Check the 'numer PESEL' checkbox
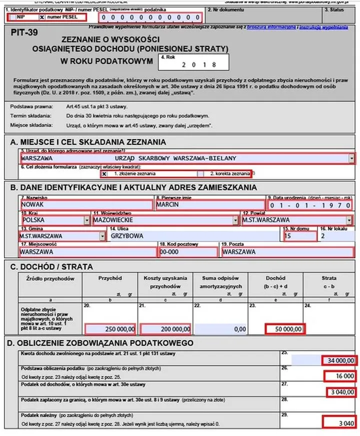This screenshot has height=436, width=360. tap(42, 17)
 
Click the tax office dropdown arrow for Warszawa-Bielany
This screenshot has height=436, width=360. tap(352, 158)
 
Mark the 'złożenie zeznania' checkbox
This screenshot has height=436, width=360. tap(104, 174)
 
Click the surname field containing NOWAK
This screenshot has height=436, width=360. tap(85, 205)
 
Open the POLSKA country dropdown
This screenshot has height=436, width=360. tap(86, 220)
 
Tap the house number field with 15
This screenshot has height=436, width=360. tap(299, 235)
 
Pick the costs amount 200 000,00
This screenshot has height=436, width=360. tap(165, 329)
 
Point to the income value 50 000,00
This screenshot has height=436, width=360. tap(284, 329)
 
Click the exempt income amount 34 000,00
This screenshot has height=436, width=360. tap(339, 360)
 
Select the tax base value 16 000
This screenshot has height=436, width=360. tap(340, 376)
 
